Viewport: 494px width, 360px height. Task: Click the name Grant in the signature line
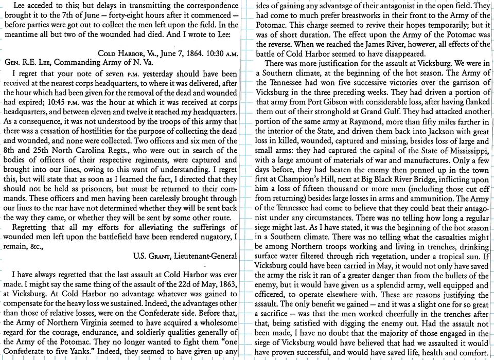[x=157, y=256]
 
